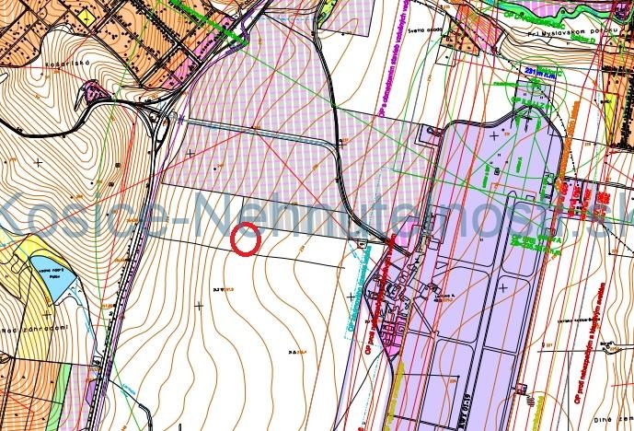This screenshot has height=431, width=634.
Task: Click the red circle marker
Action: pos(247,239)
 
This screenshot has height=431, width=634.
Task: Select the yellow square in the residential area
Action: pos(86,17)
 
